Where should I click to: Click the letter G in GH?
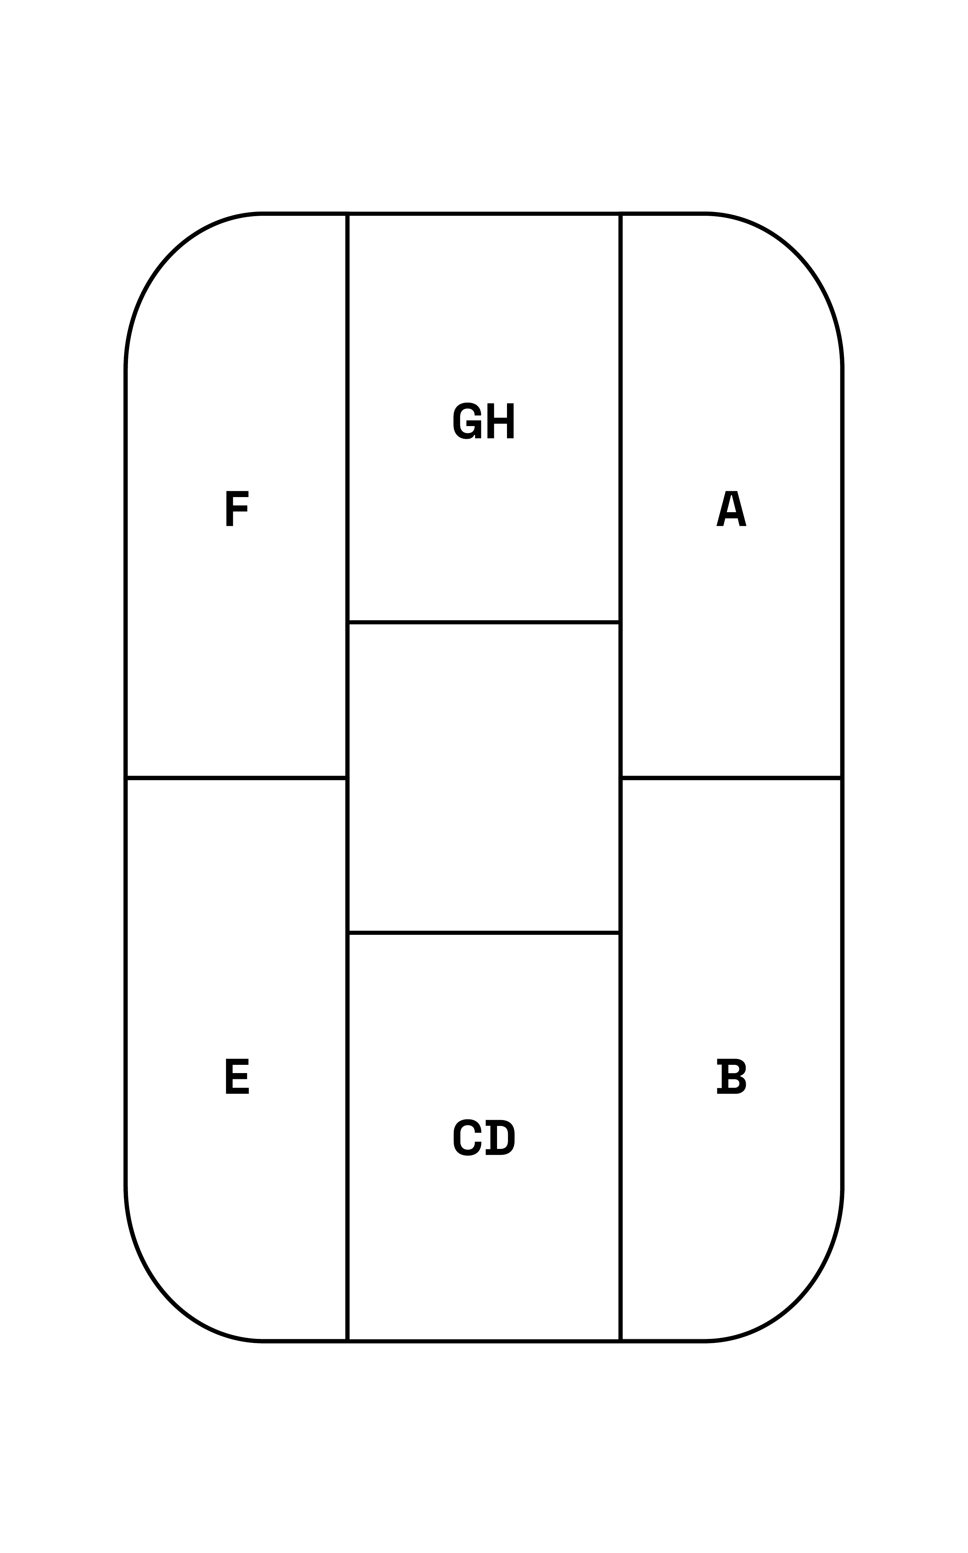coord(467,421)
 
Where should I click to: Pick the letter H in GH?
coord(501,421)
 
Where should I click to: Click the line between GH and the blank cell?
coord(484,622)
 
